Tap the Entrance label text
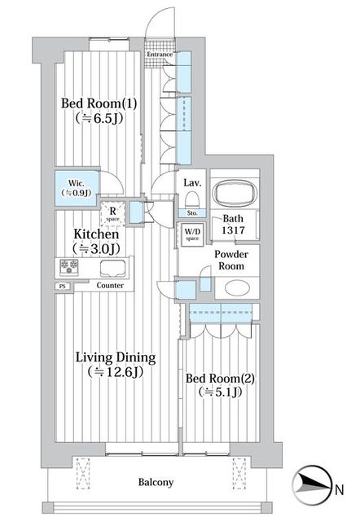click(160, 54)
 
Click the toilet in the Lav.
click(191, 200)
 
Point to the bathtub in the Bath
click(235, 192)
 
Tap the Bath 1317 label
click(233, 225)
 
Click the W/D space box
click(192, 234)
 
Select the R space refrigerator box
click(112, 214)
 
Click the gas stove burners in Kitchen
click(69, 267)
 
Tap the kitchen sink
click(113, 269)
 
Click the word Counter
click(110, 285)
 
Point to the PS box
click(63, 286)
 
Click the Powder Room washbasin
click(237, 287)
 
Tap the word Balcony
click(156, 482)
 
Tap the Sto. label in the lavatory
click(192, 213)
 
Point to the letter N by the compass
click(340, 490)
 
